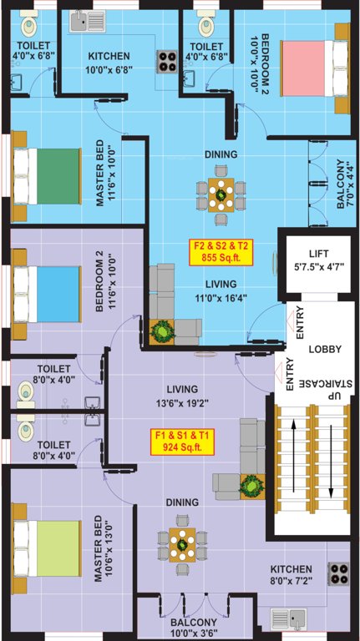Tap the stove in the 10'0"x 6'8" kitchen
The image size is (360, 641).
pyautogui.click(x=164, y=59)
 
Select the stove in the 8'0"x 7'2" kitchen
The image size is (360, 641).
pyautogui.click(x=337, y=573)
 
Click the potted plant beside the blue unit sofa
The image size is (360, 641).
pyautogui.click(x=160, y=331)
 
